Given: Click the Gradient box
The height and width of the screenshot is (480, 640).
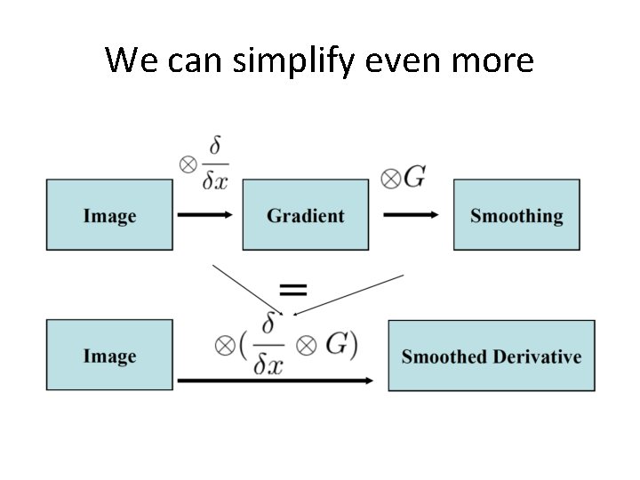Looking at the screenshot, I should click(x=305, y=215).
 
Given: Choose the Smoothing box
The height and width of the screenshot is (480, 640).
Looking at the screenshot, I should click(x=516, y=215).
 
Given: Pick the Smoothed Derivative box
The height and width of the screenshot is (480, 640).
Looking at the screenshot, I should click(x=492, y=356).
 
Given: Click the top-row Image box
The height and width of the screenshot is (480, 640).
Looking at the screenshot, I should click(x=109, y=215).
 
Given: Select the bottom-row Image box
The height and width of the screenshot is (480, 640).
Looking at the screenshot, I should click(x=109, y=356).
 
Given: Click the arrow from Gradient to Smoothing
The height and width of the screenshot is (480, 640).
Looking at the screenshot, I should click(x=410, y=215).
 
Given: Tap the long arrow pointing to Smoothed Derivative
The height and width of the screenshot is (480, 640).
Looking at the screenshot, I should click(x=276, y=380).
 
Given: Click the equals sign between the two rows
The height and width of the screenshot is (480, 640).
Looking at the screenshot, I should click(x=293, y=289).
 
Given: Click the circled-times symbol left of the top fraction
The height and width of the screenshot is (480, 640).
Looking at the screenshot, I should click(x=188, y=164).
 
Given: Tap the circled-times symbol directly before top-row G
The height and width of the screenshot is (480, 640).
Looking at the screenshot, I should click(x=390, y=180).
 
